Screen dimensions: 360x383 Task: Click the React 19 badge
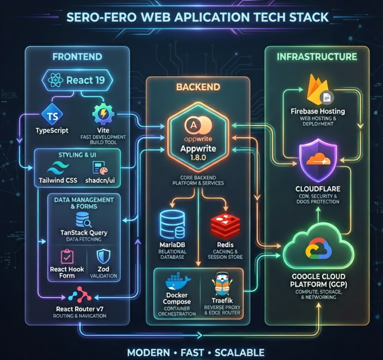point(77,80)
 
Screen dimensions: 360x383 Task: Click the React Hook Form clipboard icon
point(67,256)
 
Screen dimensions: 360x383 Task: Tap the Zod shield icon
point(103,256)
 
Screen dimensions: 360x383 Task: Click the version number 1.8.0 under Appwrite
point(198,158)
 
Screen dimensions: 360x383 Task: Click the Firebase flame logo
point(318,90)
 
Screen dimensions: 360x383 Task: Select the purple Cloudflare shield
point(318,160)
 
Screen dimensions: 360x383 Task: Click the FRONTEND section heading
point(77,57)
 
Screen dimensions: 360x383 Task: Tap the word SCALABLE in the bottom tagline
point(239,352)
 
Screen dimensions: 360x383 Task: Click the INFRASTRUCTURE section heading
point(317,57)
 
